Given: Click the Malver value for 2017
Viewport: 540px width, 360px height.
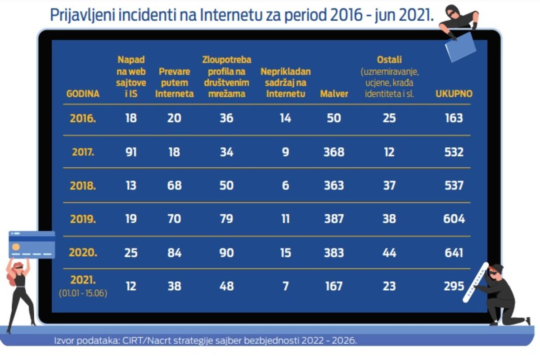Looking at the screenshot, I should (334, 152).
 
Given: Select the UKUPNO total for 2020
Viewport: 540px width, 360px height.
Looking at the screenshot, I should (454, 252).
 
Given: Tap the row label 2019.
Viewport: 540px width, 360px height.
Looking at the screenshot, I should (83, 219).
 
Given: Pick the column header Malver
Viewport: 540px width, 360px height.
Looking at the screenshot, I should (334, 94).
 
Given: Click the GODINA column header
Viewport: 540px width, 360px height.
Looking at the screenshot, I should (83, 94).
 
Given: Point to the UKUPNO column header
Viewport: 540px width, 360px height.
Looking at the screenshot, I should (454, 94).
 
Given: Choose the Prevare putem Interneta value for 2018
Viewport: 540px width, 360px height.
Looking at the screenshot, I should (174, 185).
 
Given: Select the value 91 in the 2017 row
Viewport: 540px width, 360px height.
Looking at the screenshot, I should (131, 152).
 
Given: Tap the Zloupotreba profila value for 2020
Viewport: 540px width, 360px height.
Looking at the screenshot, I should (227, 252).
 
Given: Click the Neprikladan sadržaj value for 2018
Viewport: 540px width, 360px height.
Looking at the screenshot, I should (285, 185).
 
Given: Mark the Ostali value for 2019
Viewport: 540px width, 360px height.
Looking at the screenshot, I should (389, 219).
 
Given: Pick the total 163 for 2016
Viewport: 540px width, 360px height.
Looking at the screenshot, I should (454, 118).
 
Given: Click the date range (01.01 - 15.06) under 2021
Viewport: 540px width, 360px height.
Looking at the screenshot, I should (83, 293).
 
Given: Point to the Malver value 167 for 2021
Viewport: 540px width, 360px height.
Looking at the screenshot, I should (334, 286).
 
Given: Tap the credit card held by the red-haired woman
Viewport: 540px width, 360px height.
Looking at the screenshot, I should (32, 244).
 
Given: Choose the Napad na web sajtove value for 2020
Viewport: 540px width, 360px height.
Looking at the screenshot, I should (131, 252).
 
